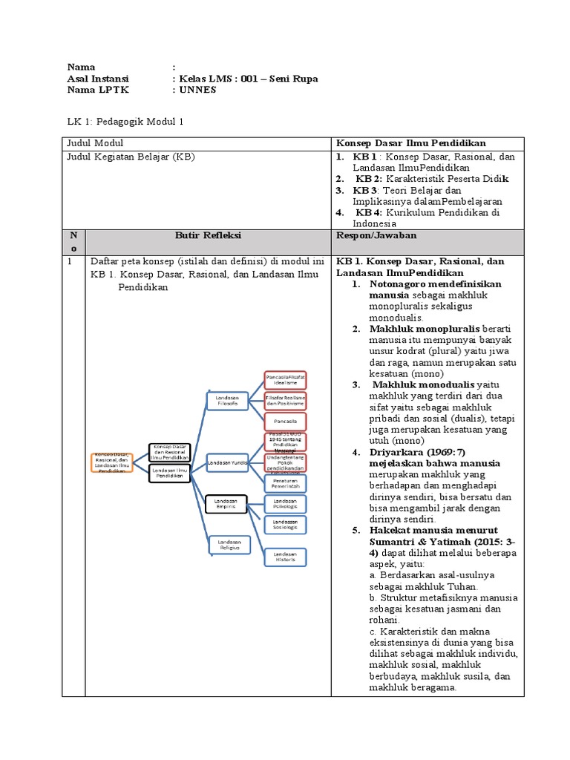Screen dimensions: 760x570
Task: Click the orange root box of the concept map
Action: pyautogui.click(x=111, y=462)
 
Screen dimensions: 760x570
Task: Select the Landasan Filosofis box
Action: pyautogui.click(x=227, y=401)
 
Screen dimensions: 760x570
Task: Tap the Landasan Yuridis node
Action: pyautogui.click(x=227, y=462)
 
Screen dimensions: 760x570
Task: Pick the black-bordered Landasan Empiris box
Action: pyautogui.click(x=226, y=503)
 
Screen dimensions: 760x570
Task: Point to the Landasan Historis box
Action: pyautogui.click(x=284, y=557)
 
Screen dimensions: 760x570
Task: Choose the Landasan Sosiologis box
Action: pyautogui.click(x=284, y=525)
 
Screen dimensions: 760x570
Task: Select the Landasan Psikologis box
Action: pyautogui.click(x=284, y=504)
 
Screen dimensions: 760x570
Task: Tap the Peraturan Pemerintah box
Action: pyautogui.click(x=284, y=482)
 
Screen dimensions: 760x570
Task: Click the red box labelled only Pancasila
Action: pyautogui.click(x=284, y=420)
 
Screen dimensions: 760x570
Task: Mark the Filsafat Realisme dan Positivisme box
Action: pyautogui.click(x=284, y=401)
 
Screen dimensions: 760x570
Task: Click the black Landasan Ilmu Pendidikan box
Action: pyautogui.click(x=169, y=473)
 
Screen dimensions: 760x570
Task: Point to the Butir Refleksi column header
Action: pyautogui.click(x=208, y=235)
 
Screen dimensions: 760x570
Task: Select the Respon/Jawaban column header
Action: pyautogui.click(x=376, y=235)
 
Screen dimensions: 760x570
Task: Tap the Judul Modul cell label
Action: pyautogui.click(x=96, y=142)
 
